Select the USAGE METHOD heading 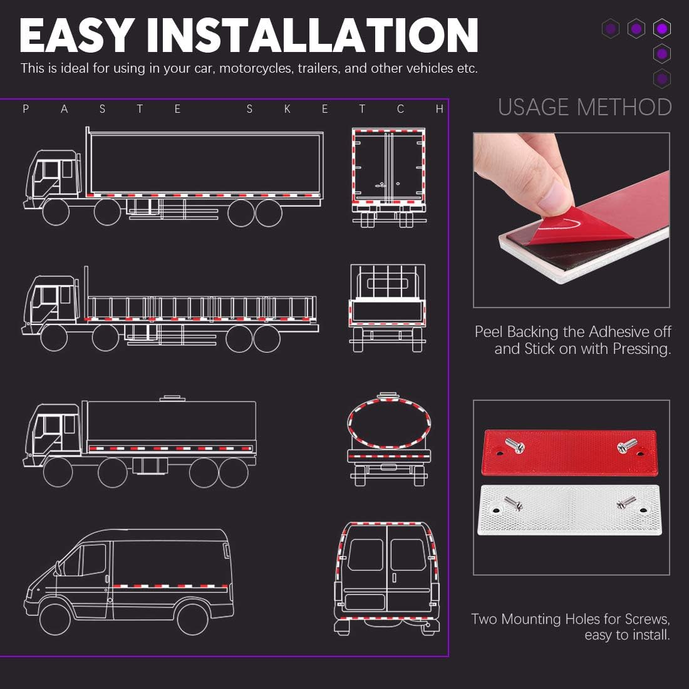pyautogui.click(x=584, y=108)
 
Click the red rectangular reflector pyautogui.click(x=569, y=452)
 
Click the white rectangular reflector pyautogui.click(x=569, y=509)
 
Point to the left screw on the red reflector pyautogui.click(x=515, y=446)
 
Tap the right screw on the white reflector pyautogui.click(x=625, y=501)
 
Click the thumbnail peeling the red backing pyautogui.click(x=571, y=219)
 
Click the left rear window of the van pyautogui.click(x=365, y=555)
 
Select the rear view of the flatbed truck pyautogui.click(x=388, y=307)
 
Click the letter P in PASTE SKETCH pyautogui.click(x=26, y=110)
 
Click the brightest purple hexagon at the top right pyautogui.click(x=662, y=28)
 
